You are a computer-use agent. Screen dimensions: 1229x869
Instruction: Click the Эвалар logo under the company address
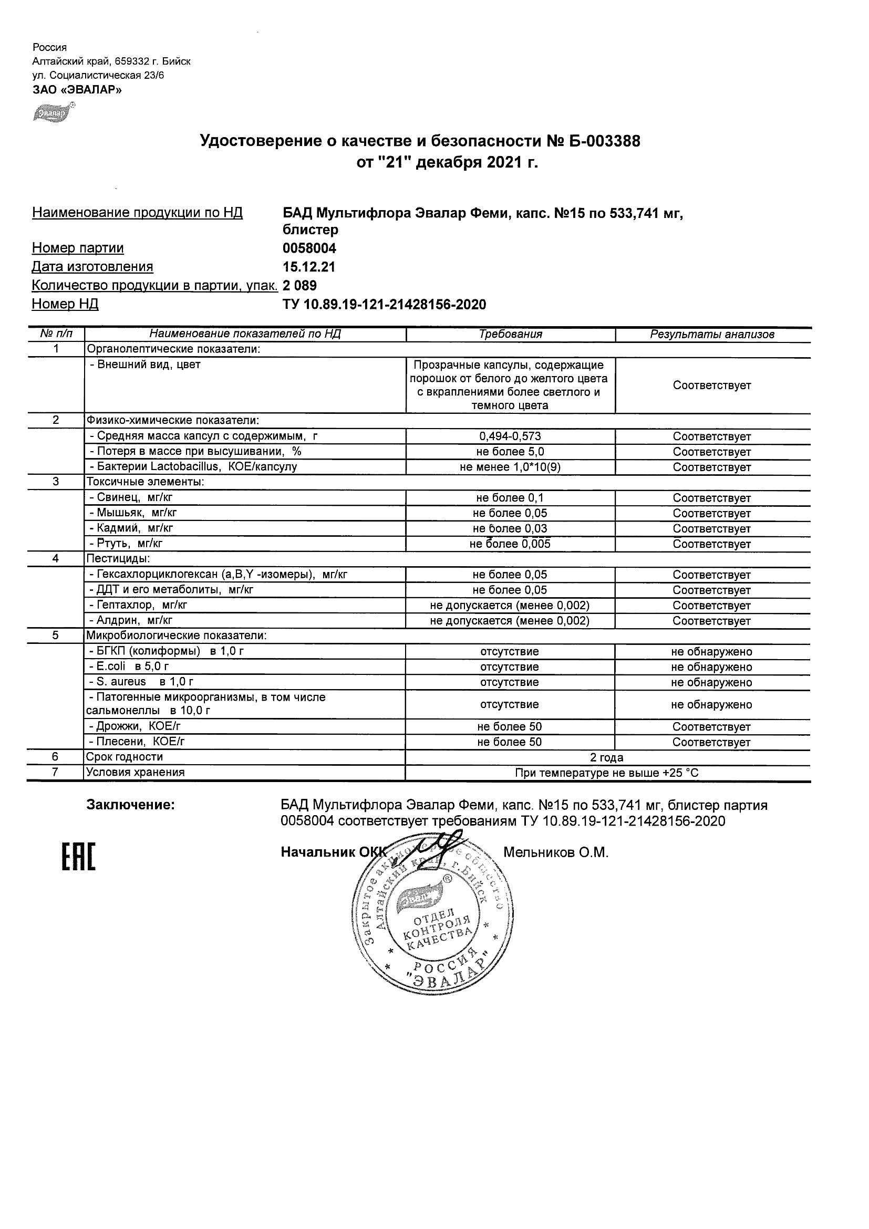click(x=53, y=113)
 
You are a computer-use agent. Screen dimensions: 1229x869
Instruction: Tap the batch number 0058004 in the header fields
click(x=309, y=248)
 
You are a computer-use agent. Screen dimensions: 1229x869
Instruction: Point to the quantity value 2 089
click(x=300, y=285)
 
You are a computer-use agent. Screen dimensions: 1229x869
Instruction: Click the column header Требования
click(x=510, y=335)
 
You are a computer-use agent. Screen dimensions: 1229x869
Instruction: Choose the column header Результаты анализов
click(x=712, y=335)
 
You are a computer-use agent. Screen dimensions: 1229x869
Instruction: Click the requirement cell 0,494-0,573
click(x=510, y=436)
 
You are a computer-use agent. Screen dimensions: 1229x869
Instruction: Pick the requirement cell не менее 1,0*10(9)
click(x=510, y=467)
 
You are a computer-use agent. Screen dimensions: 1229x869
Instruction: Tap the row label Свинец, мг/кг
click(x=131, y=497)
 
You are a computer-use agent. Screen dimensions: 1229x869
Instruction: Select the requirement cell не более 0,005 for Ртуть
click(x=510, y=544)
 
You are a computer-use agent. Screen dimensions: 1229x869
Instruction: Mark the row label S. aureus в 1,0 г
click(x=141, y=682)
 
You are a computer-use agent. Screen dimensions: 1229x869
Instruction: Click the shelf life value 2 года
click(x=607, y=757)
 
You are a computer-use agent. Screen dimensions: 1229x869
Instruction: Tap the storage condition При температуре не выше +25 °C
click(x=607, y=773)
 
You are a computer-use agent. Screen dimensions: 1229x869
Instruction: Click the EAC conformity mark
click(x=78, y=857)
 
